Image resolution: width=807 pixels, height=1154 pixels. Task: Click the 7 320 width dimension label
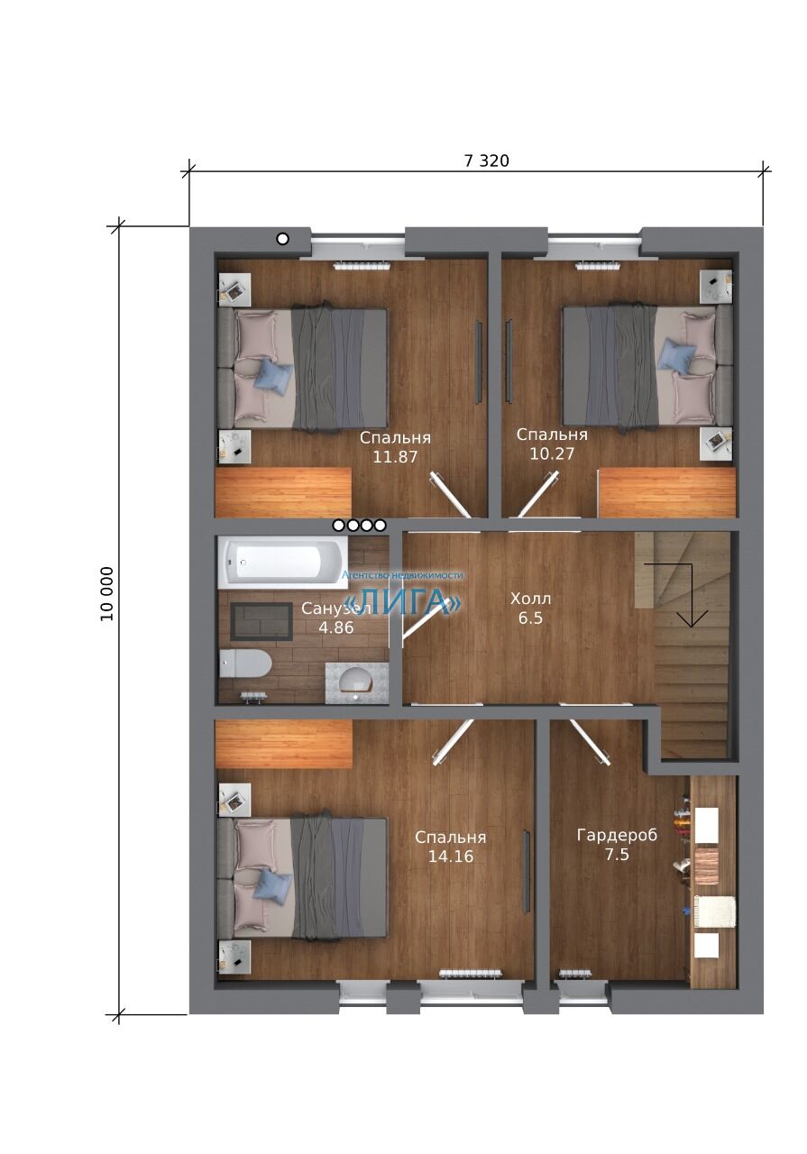coord(486,161)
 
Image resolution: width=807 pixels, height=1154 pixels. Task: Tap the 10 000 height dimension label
coord(106,594)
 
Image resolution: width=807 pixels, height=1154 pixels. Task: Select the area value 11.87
coord(395,457)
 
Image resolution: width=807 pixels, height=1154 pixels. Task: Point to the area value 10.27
coord(552,453)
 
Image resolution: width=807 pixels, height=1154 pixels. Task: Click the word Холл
coord(531,599)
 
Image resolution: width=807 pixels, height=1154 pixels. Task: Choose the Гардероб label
coord(617,835)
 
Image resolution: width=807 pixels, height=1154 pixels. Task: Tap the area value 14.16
coord(451,856)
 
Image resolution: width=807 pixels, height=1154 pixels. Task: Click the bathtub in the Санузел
coord(283,562)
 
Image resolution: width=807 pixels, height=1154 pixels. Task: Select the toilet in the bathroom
coord(245,664)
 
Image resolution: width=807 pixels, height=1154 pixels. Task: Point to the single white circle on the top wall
coord(282,239)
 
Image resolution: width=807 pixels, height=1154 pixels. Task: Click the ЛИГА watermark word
coord(402,601)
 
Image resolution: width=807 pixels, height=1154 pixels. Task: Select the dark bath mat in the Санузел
coord(261,621)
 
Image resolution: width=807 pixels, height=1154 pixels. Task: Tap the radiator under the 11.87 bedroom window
coord(363,266)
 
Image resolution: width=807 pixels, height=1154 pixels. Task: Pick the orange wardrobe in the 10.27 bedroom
coord(667,493)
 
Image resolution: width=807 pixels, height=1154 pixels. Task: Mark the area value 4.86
coord(336,627)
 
